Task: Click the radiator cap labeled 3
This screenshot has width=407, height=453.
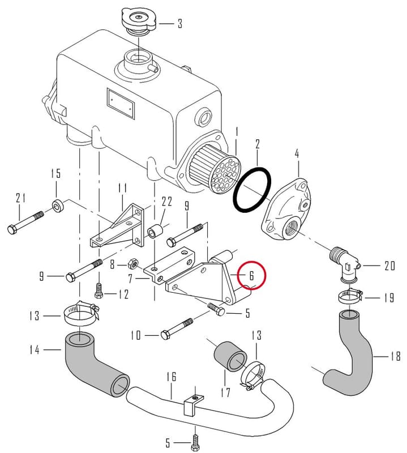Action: click(x=139, y=21)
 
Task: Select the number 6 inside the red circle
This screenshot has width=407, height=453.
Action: click(x=251, y=276)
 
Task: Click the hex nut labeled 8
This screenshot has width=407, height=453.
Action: click(x=133, y=263)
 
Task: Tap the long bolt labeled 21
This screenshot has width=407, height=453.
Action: click(x=25, y=223)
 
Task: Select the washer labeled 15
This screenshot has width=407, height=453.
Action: click(x=58, y=206)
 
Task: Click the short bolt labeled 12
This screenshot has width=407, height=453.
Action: click(x=99, y=290)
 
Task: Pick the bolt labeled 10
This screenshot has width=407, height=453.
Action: click(x=177, y=329)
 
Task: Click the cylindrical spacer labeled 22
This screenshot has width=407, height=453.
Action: click(x=156, y=230)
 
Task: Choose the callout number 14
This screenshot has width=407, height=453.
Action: click(x=35, y=350)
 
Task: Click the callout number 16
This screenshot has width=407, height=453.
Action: click(x=171, y=377)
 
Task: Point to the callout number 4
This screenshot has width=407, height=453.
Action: click(x=297, y=153)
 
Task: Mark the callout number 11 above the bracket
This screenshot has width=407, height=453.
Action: click(x=122, y=189)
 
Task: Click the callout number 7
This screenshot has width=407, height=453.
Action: click(x=130, y=279)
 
